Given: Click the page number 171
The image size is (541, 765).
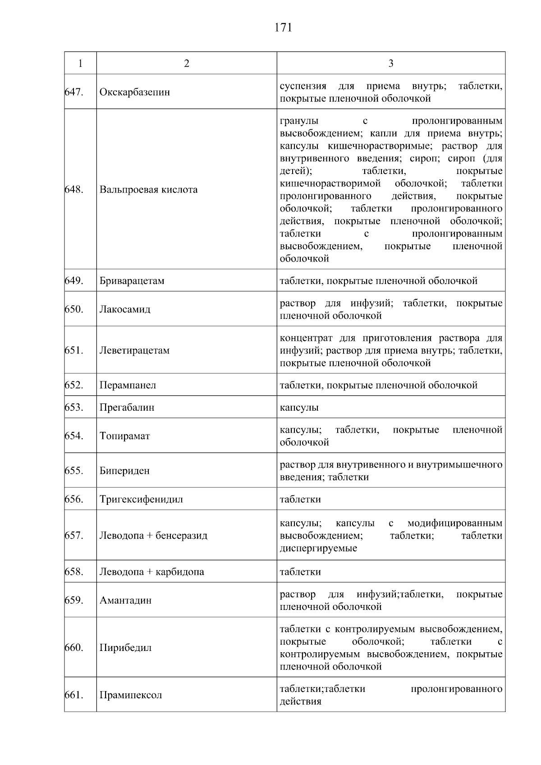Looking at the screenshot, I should tap(283, 28).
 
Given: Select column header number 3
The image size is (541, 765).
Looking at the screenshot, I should tap(390, 64).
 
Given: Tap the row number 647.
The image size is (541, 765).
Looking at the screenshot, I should tap(74, 92).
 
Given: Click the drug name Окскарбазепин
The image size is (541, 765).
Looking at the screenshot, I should tap(135, 92).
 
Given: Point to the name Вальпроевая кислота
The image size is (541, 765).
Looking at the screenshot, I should tap(148, 189).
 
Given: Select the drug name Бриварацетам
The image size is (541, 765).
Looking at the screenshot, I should tap(132, 281).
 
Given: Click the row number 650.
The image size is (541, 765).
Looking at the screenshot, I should tap(74, 309).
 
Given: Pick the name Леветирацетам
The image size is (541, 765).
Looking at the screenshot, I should tap(134, 350).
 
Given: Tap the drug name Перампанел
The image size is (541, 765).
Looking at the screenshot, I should tap(128, 385).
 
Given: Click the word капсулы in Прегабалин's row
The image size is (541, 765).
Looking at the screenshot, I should tap(299, 408).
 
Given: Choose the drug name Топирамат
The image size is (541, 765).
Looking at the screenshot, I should tap(124, 436).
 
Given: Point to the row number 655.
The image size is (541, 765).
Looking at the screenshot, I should tap(74, 471).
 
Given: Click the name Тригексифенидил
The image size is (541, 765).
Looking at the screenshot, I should tap(141, 499).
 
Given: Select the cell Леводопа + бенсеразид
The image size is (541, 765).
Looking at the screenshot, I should tap(153, 536).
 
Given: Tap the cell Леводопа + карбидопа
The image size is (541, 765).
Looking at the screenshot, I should tap(151, 572).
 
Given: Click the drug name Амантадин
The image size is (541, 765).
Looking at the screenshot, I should tap(125, 600).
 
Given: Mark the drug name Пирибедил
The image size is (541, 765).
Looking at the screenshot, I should tap(125, 648).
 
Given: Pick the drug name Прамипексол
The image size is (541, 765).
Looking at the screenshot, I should tap(130, 695).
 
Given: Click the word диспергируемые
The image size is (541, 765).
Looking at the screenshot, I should tap(318, 549).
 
